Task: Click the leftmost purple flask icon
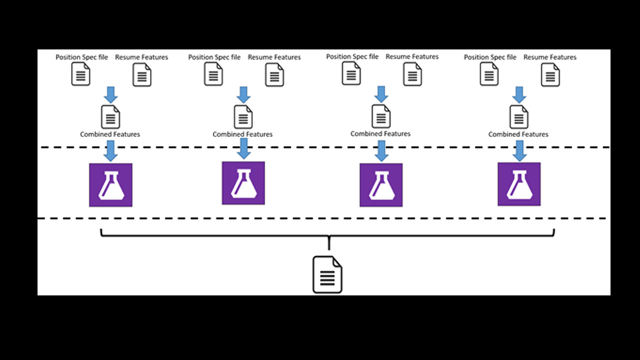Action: coord(110,184)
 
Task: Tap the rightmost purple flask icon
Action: coord(519,184)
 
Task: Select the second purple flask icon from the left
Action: coord(243,183)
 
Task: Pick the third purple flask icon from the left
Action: coord(381,184)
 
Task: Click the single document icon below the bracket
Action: coord(327,275)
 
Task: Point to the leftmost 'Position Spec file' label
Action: coord(81,57)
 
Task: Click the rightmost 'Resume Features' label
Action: coord(550,57)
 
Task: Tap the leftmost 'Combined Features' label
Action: coord(110,135)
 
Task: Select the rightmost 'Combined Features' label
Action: coord(518,135)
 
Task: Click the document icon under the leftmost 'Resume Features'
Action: coord(142,75)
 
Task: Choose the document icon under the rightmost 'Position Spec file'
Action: coord(489,74)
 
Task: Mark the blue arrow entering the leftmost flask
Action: coord(110,151)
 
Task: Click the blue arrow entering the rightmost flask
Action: coord(520,151)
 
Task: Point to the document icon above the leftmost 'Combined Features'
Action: coord(110,117)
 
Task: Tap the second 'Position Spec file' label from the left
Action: coord(214,57)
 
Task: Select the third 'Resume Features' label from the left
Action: coord(412,56)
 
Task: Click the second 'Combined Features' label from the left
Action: coord(243,135)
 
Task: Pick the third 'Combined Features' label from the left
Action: coord(381,134)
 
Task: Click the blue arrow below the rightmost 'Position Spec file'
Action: coord(520,95)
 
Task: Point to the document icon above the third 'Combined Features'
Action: coord(381,117)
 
